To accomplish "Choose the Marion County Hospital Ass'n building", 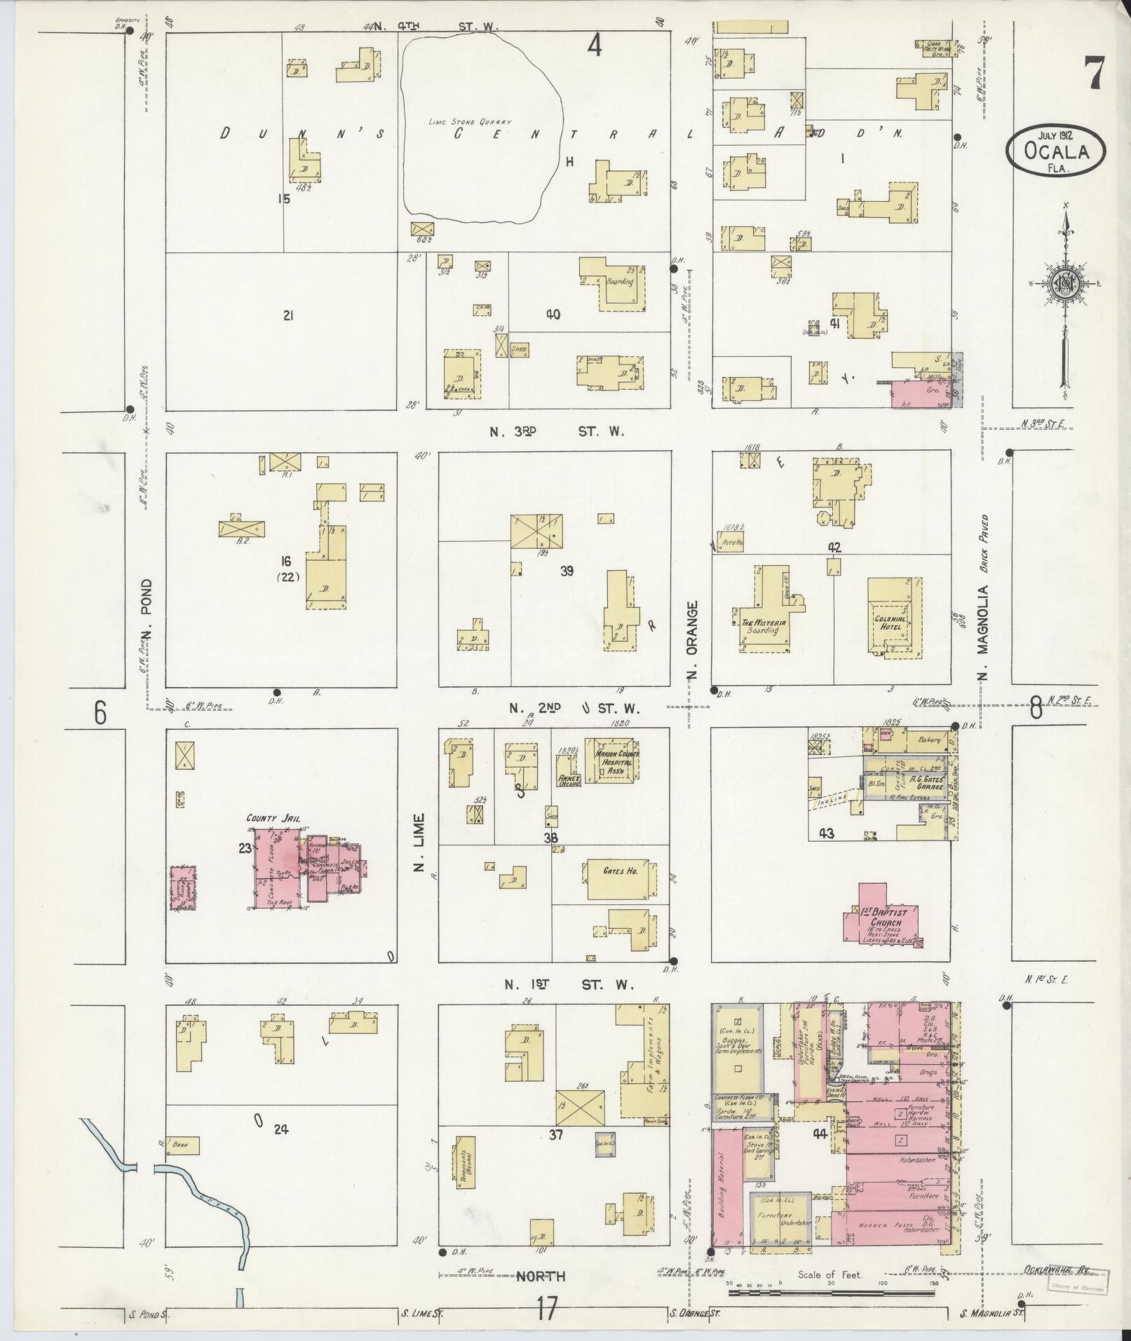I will (613, 759).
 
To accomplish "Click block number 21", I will (287, 317).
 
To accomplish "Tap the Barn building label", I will (182, 1145).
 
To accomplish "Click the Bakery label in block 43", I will (928, 739).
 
